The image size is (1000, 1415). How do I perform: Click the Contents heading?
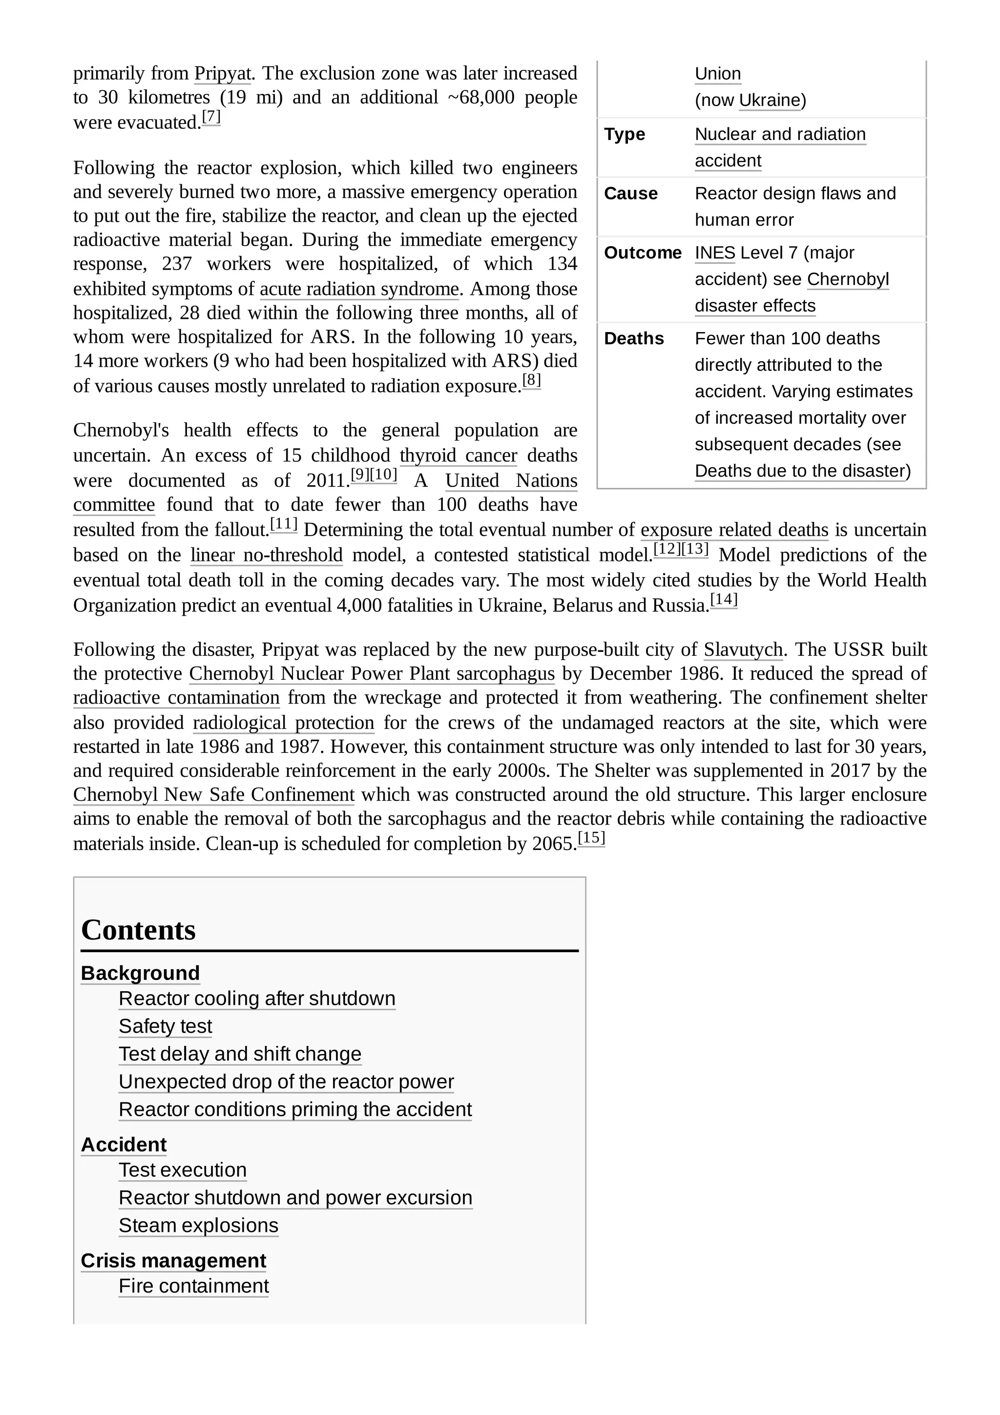pos(138,930)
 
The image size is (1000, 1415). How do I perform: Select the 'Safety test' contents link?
pos(165,1026)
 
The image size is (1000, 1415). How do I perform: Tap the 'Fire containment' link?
pos(193,1286)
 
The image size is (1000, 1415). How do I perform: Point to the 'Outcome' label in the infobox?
pos(642,253)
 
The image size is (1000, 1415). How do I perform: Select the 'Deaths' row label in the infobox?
pos(633,338)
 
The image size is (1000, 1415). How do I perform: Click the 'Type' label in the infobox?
pos(624,134)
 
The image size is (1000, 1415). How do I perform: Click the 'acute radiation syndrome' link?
pos(359,289)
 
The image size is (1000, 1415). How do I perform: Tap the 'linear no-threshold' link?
pos(266,555)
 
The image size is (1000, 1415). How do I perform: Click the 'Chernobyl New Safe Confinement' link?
pos(214,795)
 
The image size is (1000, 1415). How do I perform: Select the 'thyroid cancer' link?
pos(458,456)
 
